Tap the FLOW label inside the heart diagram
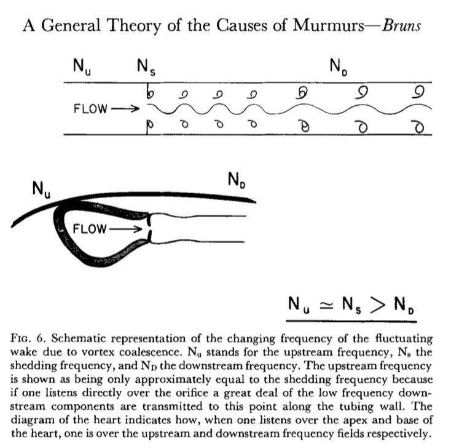[89, 229]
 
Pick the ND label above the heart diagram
[236, 181]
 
